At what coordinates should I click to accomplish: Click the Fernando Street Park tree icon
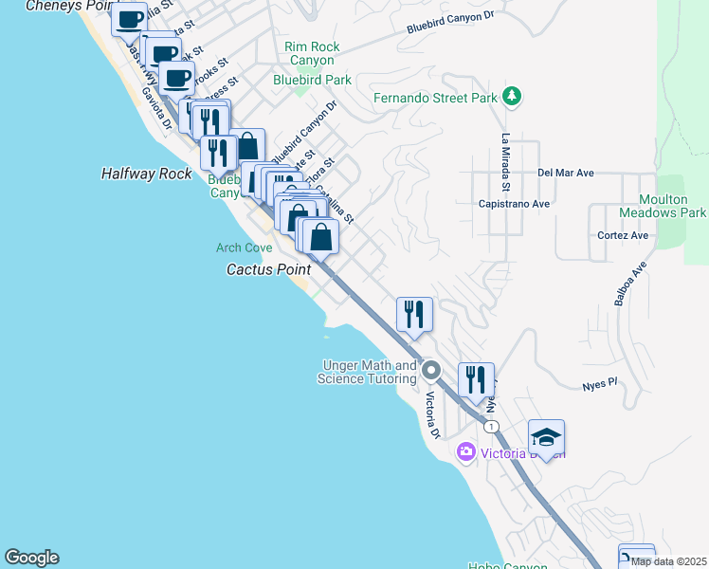click(512, 96)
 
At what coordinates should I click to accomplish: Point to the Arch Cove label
click(245, 248)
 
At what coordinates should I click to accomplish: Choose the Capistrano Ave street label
click(515, 203)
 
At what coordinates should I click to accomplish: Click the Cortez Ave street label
click(623, 235)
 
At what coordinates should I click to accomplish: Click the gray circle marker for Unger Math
click(431, 369)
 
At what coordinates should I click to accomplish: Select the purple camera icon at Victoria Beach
click(465, 451)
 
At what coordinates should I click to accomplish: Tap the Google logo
click(31, 558)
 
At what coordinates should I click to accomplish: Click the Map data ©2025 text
click(667, 561)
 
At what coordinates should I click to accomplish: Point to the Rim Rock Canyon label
click(311, 53)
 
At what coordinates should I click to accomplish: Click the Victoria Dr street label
click(432, 415)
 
